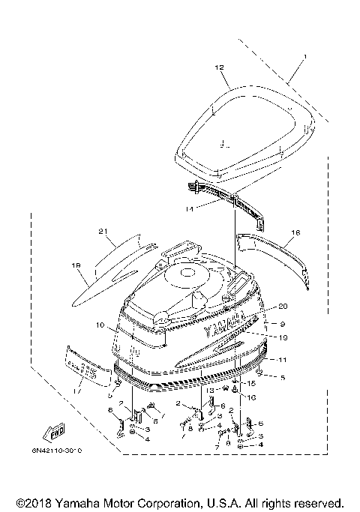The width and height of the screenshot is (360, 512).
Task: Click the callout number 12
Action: pyautogui.click(x=219, y=67)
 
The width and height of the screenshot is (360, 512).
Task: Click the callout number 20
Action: pyautogui.click(x=283, y=306)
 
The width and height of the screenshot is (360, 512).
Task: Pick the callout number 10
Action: pyautogui.click(x=98, y=325)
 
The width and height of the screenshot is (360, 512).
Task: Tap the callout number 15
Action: pyautogui.click(x=251, y=383)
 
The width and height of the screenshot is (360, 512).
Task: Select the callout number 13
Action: pyautogui.click(x=211, y=391)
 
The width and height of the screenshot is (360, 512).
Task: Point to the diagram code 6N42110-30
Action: pyautogui.click(x=58, y=451)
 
